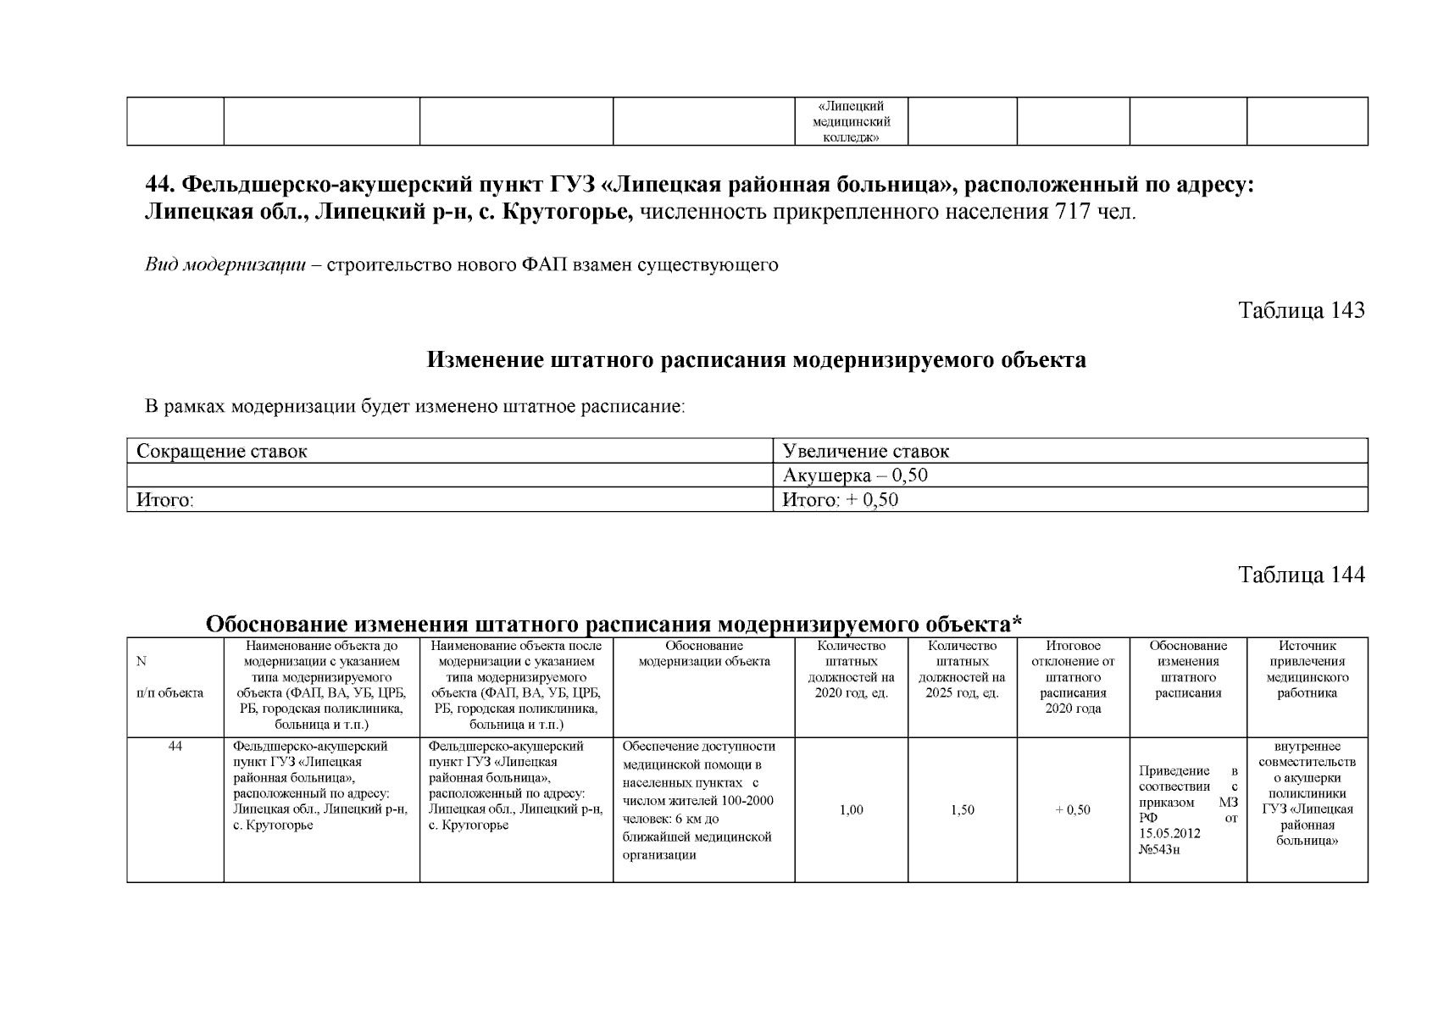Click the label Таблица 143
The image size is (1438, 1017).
(x=1302, y=310)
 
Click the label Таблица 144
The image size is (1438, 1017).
(x=1302, y=575)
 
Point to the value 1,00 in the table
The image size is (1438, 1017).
(x=851, y=810)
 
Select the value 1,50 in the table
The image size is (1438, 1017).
(x=962, y=810)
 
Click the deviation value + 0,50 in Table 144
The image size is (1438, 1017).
(x=1073, y=810)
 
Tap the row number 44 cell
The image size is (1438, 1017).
(x=175, y=747)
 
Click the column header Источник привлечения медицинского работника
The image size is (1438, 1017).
(x=1307, y=670)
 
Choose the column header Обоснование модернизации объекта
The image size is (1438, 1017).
(x=703, y=653)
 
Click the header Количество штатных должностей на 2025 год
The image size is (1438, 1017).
(x=962, y=670)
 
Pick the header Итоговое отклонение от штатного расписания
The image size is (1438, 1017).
(x=1073, y=677)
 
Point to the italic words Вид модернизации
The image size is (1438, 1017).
(x=225, y=265)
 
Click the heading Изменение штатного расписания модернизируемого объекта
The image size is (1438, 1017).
(x=756, y=360)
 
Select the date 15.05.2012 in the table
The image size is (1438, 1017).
(x=1169, y=833)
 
